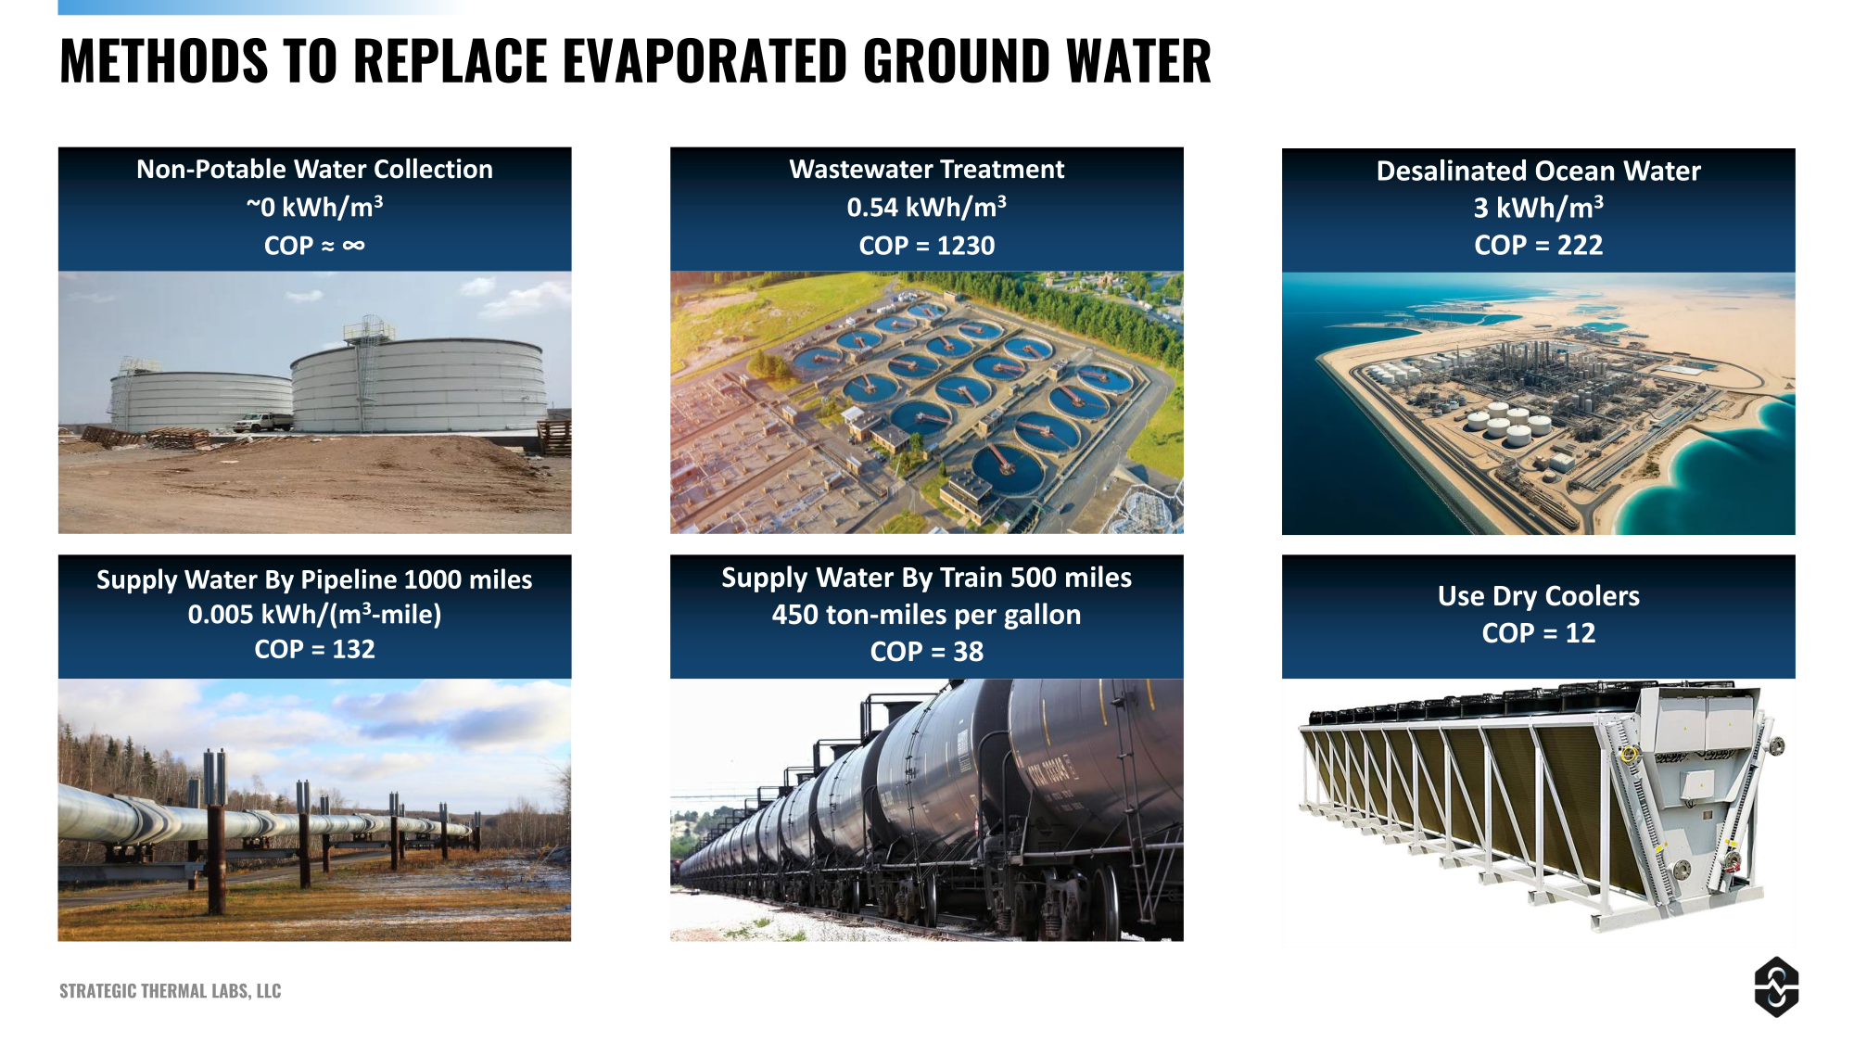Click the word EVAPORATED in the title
(705, 61)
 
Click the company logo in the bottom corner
(1776, 986)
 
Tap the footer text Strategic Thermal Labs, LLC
(171, 991)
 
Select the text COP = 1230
(927, 246)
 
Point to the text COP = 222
(1539, 246)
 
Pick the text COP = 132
(315, 649)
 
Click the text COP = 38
(927, 652)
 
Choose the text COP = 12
(1539, 633)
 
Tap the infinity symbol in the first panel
(353, 246)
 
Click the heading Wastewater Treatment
(927, 169)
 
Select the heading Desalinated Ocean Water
(1539, 171)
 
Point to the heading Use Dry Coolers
(1539, 596)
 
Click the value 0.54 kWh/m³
(927, 206)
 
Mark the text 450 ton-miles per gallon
(927, 615)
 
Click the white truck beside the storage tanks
(262, 422)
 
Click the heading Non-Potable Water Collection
(315, 169)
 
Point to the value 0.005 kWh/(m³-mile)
(315, 614)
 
